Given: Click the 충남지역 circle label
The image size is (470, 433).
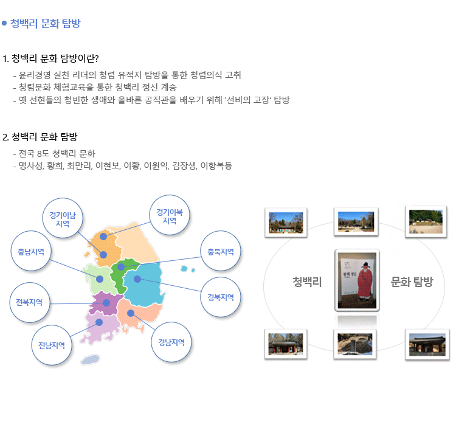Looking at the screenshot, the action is [x=31, y=251].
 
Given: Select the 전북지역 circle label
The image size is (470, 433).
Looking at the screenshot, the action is [x=30, y=302].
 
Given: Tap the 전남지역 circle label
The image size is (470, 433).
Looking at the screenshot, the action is [x=52, y=345].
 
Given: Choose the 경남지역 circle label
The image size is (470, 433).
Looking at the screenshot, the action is [x=171, y=342].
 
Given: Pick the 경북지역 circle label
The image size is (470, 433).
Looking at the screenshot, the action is [x=221, y=297].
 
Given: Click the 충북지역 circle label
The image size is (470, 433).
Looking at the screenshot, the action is [x=221, y=251].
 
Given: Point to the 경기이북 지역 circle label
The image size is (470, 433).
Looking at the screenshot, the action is [x=170, y=215].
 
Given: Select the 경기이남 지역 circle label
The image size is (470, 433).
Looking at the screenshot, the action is [x=63, y=218].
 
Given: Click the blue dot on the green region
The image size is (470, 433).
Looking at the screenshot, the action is [x=121, y=266].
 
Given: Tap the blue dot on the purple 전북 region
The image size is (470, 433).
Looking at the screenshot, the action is [x=106, y=303].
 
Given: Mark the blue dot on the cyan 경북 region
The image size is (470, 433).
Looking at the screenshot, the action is [x=137, y=279].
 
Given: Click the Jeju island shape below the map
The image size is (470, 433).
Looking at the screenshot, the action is [x=90, y=359].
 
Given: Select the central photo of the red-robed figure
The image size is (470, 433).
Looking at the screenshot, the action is [x=357, y=280].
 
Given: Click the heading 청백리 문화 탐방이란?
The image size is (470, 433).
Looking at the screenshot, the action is [x=50, y=58].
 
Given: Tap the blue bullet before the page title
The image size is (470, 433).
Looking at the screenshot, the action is [x=4, y=23].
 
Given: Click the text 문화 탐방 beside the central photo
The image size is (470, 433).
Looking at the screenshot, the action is [x=412, y=282].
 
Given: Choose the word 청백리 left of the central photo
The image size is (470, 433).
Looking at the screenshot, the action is [x=307, y=282].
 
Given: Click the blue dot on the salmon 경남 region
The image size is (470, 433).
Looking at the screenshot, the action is [x=131, y=313].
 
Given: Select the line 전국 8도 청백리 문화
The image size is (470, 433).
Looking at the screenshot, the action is [x=57, y=153].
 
